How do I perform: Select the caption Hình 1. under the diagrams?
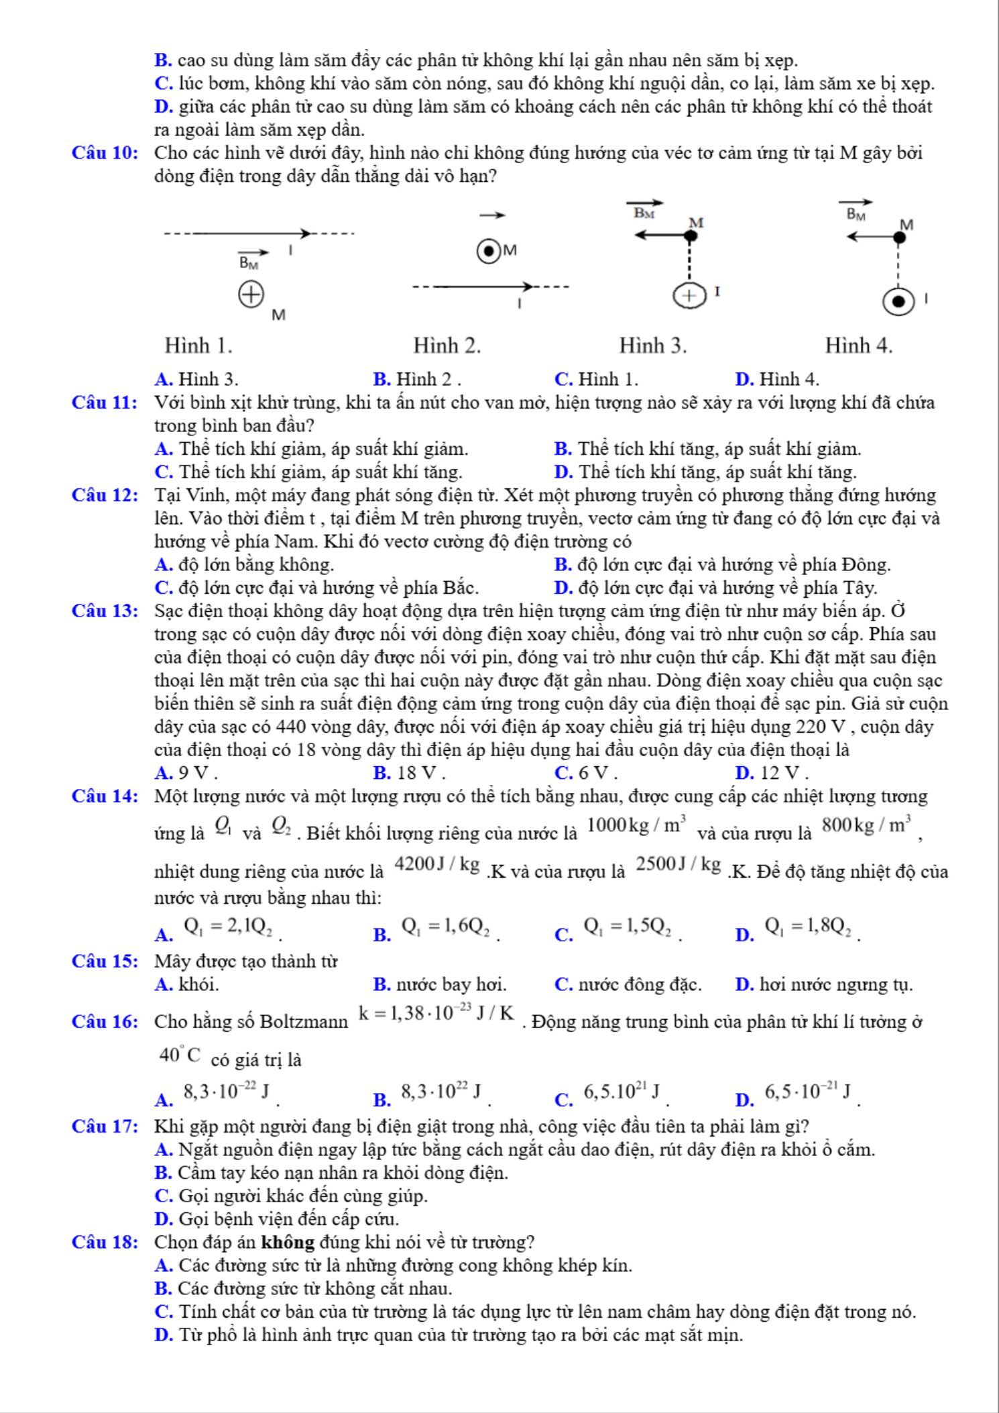click(198, 346)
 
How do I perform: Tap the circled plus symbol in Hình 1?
click(251, 294)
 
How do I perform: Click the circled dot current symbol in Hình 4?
click(898, 301)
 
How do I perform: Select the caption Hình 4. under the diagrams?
click(858, 346)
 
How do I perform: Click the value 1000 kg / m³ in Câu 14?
click(636, 825)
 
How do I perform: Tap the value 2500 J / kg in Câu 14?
click(679, 863)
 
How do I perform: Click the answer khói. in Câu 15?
click(198, 985)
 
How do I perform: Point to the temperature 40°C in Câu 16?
click(180, 1055)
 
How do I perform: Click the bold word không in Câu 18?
click(288, 1243)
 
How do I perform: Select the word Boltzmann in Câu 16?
click(304, 1022)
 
